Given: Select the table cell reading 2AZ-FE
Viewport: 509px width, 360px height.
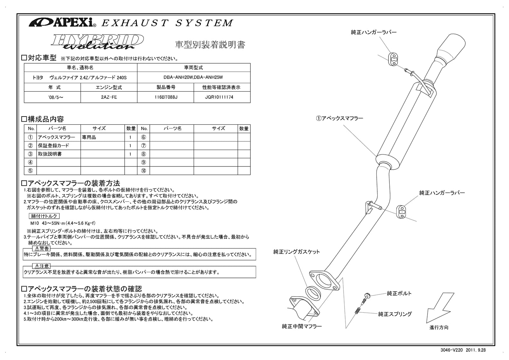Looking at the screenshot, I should point(109,97).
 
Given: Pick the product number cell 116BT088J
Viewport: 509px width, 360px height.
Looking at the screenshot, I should point(165,97).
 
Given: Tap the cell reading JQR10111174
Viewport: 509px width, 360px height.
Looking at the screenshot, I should point(222,97).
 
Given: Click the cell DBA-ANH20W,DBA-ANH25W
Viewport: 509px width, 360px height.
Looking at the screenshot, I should point(193,77).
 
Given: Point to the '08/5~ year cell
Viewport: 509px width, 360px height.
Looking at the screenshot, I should point(52,97).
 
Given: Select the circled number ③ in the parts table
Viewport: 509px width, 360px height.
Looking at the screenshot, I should point(31,154).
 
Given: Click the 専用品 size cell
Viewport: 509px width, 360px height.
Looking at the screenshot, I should point(89,138).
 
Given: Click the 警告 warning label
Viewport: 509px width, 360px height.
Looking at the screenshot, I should point(41,249).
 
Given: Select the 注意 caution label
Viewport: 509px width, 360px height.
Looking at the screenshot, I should point(41,266).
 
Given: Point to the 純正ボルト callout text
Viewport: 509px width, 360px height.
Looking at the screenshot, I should point(399,293).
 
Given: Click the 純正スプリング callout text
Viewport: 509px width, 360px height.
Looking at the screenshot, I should point(395,314).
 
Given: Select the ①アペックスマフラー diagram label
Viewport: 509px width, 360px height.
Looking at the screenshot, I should point(339,118).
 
